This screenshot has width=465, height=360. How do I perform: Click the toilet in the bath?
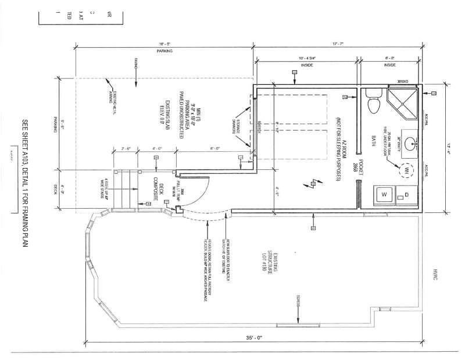[374, 102]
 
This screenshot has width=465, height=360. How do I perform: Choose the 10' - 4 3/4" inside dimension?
[307, 59]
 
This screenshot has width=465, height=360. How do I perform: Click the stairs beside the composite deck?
[125, 189]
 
